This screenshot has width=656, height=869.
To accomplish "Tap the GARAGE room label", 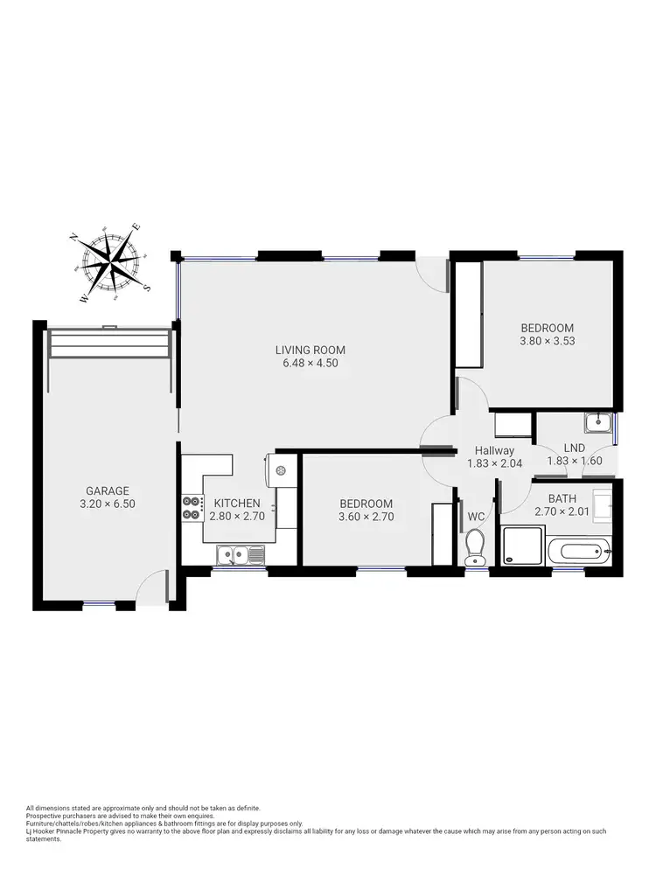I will pos(108,490).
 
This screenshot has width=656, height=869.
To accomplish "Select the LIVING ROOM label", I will pos(307,350).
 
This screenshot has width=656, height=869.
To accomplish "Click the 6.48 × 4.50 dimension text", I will pos(307,363).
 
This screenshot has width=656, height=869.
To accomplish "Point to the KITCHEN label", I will pos(236,503).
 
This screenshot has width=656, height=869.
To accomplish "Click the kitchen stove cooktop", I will pos(192,508).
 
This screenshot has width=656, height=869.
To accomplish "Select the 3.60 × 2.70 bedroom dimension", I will pos(366,517).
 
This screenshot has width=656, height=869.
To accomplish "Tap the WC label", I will pos(477,517).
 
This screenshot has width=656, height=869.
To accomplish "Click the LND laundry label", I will pos(574,448).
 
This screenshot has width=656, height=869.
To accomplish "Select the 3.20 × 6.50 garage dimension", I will pos(108,504).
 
